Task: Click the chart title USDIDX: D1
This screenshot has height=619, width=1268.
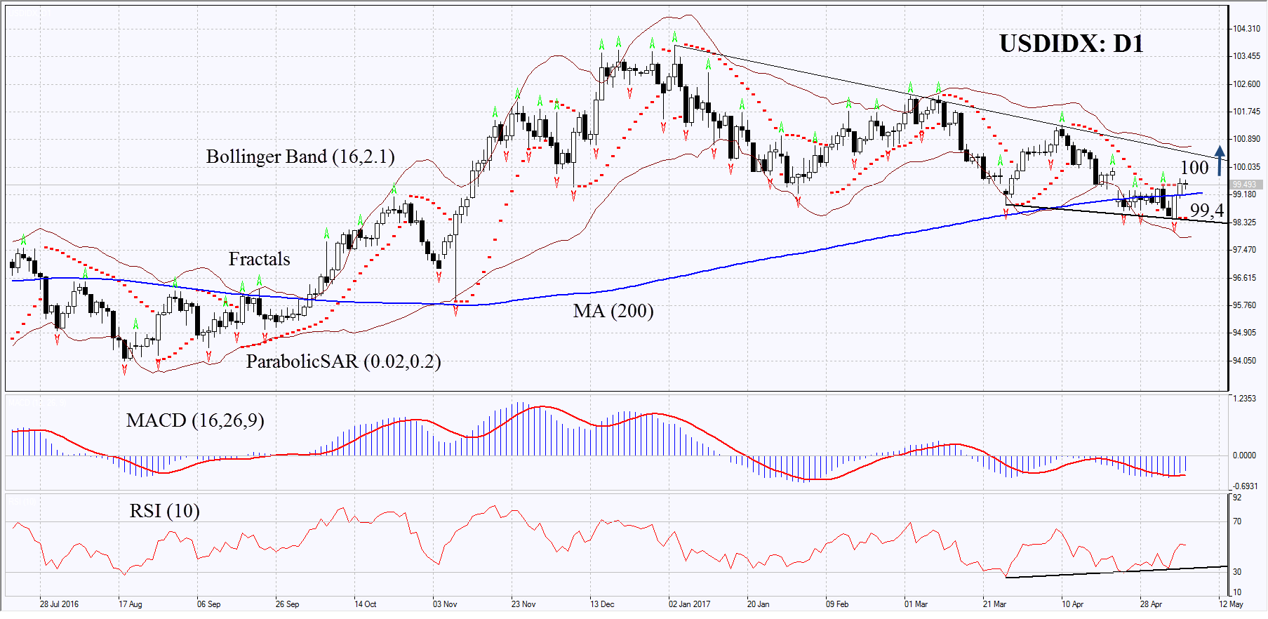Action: click(1071, 44)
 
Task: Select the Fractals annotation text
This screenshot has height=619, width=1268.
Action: click(259, 259)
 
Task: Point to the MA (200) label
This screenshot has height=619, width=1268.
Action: click(613, 311)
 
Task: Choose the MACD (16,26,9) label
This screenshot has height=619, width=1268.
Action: click(195, 420)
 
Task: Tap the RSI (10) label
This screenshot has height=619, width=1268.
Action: click(164, 511)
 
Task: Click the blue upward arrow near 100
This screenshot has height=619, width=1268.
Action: click(1220, 160)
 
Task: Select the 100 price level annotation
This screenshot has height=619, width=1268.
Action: click(1194, 168)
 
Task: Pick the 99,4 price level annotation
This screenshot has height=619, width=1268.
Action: click(1206, 211)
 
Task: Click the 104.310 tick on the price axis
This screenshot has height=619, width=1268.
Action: click(1246, 29)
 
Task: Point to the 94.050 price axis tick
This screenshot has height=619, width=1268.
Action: click(1244, 361)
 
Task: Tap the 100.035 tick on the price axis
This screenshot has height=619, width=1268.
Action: click(1246, 167)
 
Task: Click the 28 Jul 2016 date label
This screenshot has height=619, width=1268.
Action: click(59, 604)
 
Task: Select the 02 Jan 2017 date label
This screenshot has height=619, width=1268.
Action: click(689, 604)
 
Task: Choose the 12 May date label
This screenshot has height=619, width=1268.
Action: click(1231, 604)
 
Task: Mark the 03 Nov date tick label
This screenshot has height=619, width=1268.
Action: click(445, 604)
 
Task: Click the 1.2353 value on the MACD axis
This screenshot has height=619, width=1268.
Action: click(1244, 399)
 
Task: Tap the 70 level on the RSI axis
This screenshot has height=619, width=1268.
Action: click(1237, 521)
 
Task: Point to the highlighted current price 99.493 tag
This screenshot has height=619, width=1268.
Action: click(1244, 185)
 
